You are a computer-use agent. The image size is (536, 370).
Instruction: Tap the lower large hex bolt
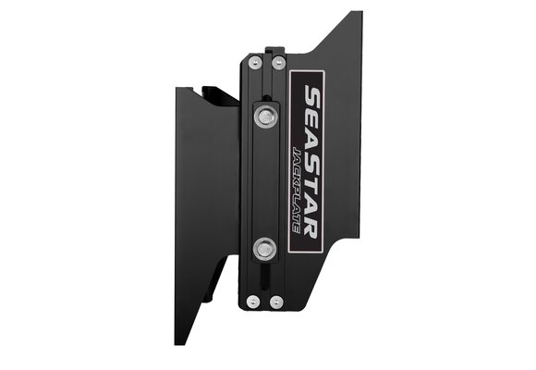[265, 247]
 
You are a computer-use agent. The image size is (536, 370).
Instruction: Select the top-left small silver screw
[253, 63]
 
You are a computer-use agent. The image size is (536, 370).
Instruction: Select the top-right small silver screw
[277, 63]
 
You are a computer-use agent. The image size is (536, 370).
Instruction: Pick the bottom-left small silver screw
[253, 301]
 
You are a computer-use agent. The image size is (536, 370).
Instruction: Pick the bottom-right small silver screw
[276, 301]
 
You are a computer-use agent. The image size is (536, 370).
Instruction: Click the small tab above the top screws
[269, 51]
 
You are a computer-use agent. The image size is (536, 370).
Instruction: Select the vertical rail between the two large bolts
[264, 180]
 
